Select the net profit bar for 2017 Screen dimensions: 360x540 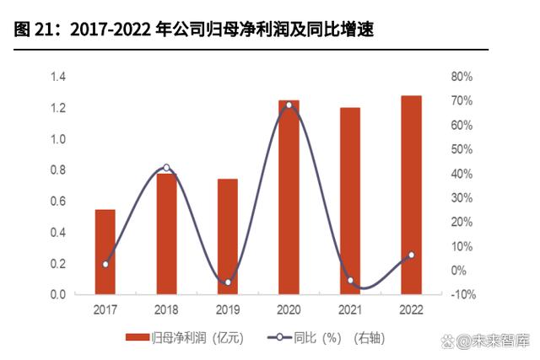[105, 252]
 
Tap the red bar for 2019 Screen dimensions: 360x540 [228, 237]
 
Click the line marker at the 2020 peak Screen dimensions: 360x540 [289, 105]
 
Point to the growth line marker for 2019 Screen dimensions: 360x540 [228, 282]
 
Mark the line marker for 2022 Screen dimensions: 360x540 [412, 255]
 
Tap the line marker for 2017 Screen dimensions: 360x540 [105, 264]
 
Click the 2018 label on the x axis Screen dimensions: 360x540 [166, 309]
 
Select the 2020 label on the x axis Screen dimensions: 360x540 [289, 309]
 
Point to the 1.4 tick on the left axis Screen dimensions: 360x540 [58, 78]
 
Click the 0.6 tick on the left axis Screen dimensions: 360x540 [58, 201]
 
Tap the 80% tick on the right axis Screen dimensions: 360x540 [462, 78]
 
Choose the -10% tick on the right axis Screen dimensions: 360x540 [464, 295]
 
